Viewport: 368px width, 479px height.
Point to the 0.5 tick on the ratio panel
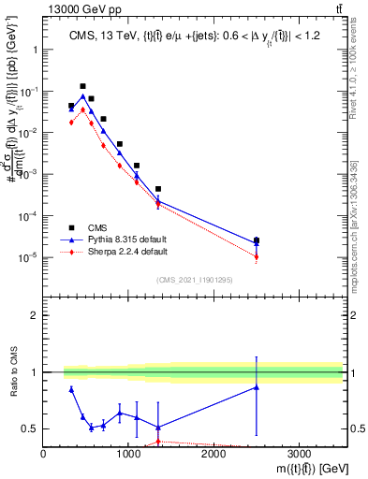click(32, 428)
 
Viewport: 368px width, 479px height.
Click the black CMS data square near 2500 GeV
click(257, 240)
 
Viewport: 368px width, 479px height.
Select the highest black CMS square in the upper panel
click(82, 86)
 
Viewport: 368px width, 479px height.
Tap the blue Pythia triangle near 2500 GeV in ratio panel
click(257, 387)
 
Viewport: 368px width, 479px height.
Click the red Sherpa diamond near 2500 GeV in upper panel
click(257, 257)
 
